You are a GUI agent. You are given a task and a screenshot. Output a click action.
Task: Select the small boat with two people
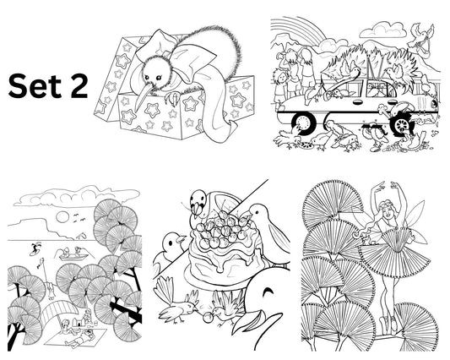click(77, 252)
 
